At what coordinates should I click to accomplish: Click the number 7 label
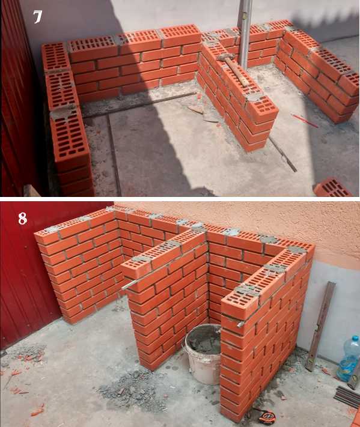point(37,17)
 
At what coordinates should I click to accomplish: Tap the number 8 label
point(23,219)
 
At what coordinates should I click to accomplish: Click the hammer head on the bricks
point(224,58)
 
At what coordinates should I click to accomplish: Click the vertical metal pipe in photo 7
point(245,33)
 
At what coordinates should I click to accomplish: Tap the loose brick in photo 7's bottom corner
point(333,187)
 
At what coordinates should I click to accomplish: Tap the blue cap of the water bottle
point(355,339)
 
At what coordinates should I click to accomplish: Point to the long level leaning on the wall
point(320,326)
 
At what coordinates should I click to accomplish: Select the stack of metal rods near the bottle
point(347,396)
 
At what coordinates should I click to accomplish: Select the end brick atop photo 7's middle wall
point(261,109)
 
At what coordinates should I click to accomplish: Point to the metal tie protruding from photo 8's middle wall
point(128,285)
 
